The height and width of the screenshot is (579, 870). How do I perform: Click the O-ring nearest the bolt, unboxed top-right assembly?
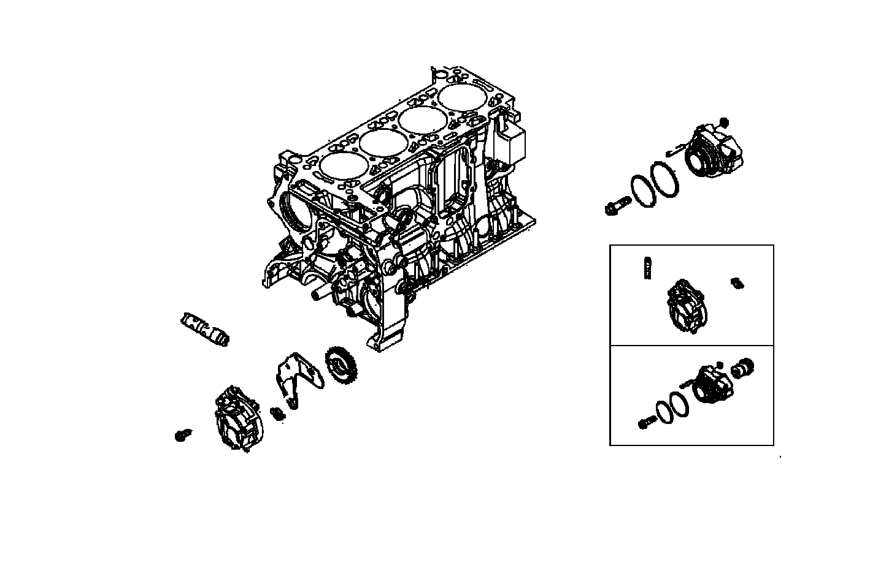tap(642, 188)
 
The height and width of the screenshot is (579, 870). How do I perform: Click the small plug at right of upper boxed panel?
tap(736, 282)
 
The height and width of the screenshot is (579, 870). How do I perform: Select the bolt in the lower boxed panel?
tap(644, 423)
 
